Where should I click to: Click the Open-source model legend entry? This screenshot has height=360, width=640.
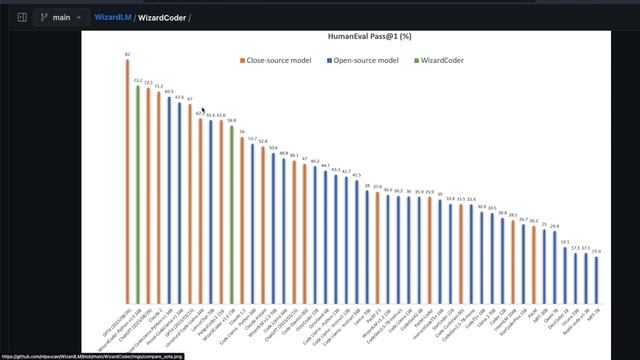point(366,60)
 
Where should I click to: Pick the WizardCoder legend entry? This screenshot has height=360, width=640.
point(444,60)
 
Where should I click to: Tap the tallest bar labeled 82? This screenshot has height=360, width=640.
point(127,180)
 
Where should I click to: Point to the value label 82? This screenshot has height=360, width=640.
point(127,54)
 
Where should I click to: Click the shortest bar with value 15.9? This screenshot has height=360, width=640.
point(597,279)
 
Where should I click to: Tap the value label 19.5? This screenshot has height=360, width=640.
point(565,242)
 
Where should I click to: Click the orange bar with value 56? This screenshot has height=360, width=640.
point(242,219)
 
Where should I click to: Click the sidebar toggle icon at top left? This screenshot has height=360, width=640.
point(22,17)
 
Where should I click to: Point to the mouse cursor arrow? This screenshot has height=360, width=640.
point(203,111)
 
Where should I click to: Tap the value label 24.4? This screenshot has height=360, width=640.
point(555,226)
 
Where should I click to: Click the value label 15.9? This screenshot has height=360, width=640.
point(597,252)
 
